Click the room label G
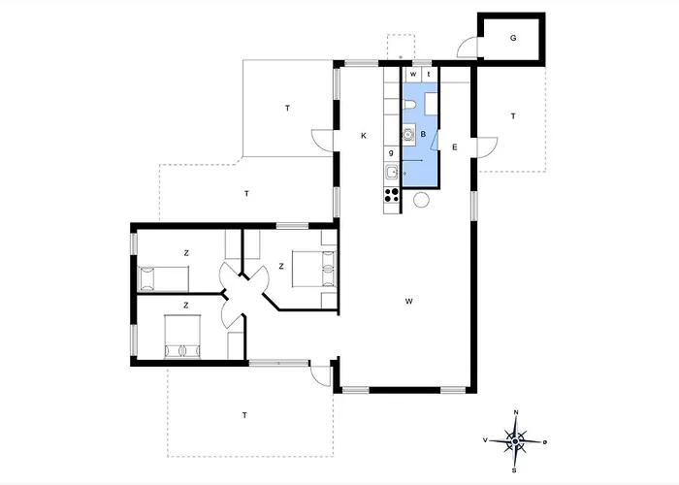click(x=513, y=38)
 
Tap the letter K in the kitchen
click(x=364, y=136)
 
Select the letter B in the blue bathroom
click(x=423, y=134)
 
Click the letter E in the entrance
click(x=455, y=147)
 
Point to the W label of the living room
click(x=408, y=301)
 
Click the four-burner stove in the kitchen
click(x=392, y=195)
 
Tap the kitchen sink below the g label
click(x=392, y=172)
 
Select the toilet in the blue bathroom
click(x=409, y=105)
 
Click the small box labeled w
click(x=413, y=74)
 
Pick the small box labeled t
click(x=429, y=74)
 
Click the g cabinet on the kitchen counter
click(x=392, y=152)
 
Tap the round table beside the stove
click(x=421, y=200)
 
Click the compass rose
click(x=515, y=441)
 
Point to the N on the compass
click(x=516, y=412)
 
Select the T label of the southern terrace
click(x=244, y=415)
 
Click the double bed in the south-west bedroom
click(x=182, y=337)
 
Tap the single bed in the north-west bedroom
click(x=163, y=279)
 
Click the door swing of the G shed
click(x=468, y=48)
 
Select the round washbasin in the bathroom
click(x=408, y=135)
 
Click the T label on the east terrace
click(x=513, y=116)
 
